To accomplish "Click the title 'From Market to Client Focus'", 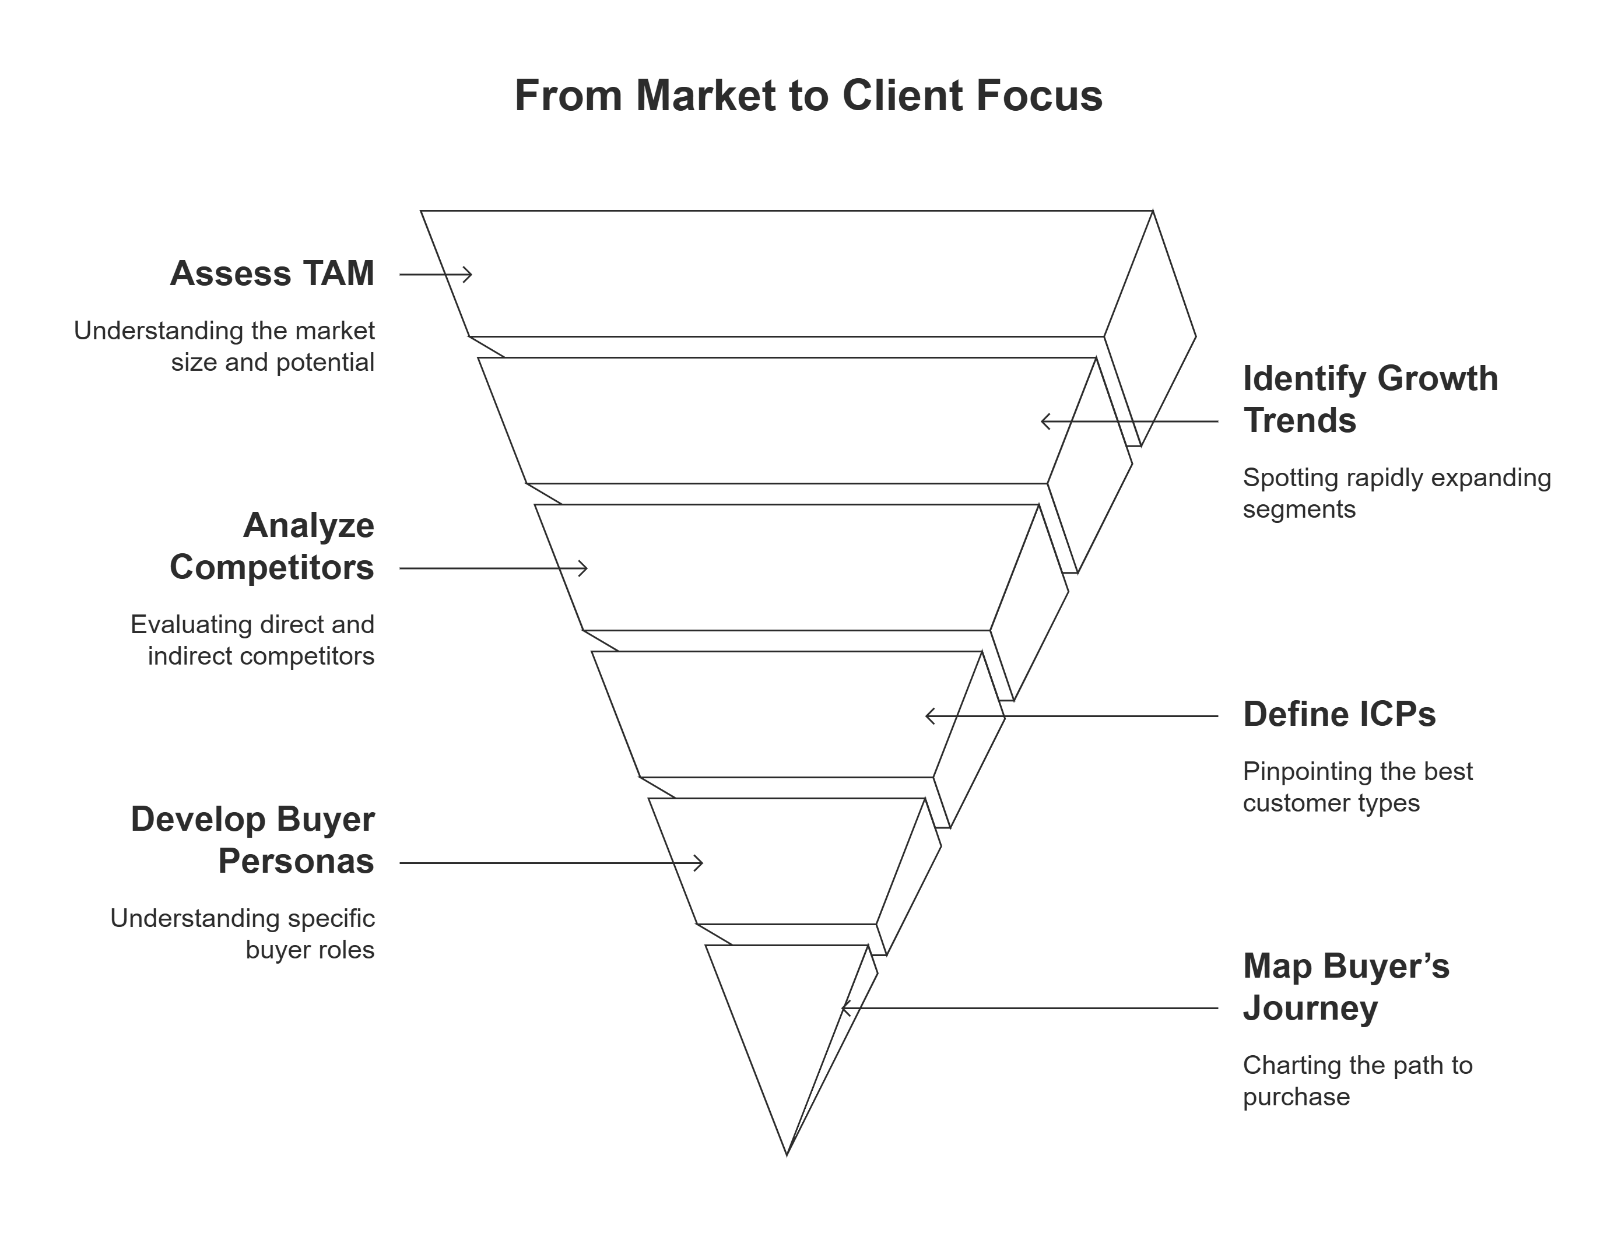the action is (808, 96).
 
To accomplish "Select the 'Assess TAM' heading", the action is (272, 274).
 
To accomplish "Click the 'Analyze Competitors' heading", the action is (272, 547).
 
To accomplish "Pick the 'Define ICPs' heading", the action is (1339, 715).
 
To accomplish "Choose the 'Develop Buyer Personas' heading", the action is (252, 841).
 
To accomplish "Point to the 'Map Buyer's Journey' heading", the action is (1345, 988).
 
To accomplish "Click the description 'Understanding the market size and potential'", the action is (224, 346).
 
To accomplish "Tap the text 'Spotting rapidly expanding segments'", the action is (1396, 493).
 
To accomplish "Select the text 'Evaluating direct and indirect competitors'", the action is (252, 640).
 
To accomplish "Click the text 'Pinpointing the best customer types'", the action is (1357, 787).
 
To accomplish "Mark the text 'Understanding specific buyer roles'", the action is (243, 934).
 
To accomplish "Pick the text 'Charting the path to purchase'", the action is (1357, 1081).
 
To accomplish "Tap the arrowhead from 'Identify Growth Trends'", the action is (1043, 421).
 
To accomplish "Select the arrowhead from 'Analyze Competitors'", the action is (585, 568).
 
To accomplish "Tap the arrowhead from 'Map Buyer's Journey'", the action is (844, 1008).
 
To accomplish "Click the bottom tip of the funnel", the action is (787, 1154).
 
